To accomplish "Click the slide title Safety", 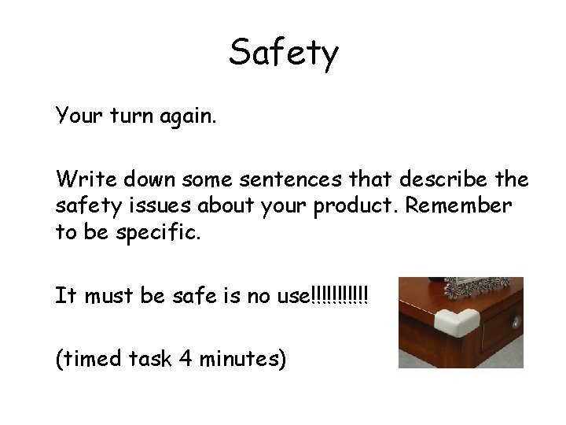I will pyautogui.click(x=284, y=54).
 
